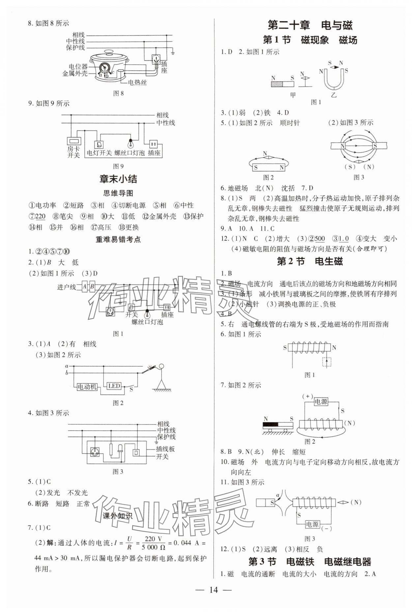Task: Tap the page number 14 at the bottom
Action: [213, 590]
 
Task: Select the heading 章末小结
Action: [118, 179]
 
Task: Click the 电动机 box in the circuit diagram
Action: [87, 387]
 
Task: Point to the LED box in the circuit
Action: [114, 386]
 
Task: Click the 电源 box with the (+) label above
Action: [321, 402]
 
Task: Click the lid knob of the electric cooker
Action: [109, 52]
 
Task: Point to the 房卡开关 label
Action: [74, 152]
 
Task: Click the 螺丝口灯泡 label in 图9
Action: [130, 153]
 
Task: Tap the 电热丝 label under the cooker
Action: [137, 82]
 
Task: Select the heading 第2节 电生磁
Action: [309, 261]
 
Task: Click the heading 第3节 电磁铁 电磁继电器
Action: [309, 562]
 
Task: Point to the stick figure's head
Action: [161, 367]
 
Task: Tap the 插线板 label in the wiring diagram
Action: [165, 449]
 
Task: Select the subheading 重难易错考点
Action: [118, 239]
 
